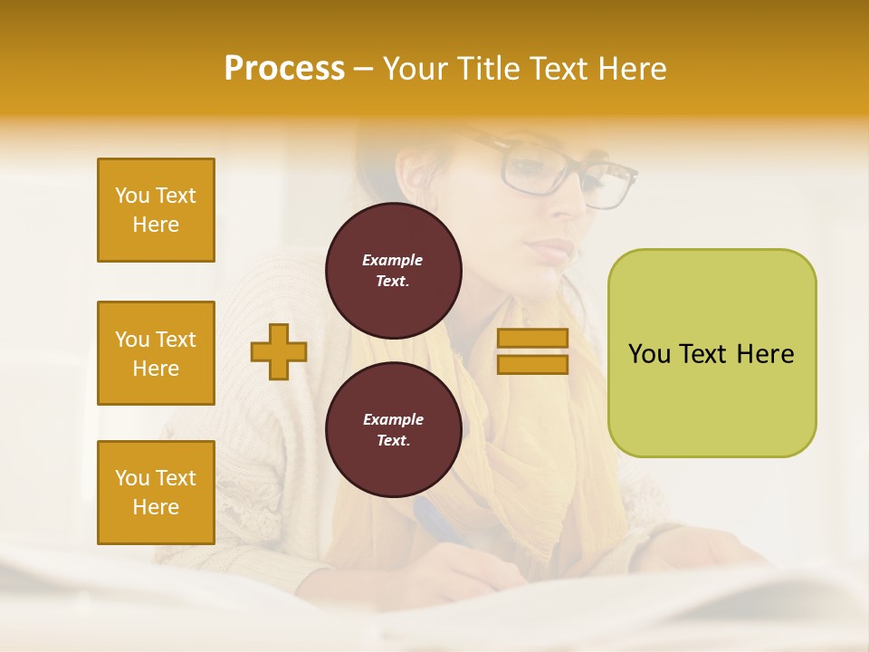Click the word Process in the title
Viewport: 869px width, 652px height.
tap(284, 68)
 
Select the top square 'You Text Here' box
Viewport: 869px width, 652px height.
tap(156, 210)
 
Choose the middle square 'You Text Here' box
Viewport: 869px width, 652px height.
tap(156, 353)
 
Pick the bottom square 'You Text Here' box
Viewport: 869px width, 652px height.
tap(156, 493)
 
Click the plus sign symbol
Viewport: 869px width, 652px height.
tap(279, 352)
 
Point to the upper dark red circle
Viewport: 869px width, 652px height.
tap(393, 271)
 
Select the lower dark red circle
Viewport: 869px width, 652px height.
tap(393, 429)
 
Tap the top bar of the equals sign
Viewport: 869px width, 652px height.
tap(532, 339)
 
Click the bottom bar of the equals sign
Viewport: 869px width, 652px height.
tap(532, 364)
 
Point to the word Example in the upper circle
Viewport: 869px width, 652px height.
tap(393, 260)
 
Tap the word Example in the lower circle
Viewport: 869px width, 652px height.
tap(393, 419)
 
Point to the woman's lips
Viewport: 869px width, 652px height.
tap(554, 248)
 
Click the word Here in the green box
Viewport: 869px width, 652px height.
tap(765, 354)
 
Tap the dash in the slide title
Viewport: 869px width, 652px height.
tap(364, 69)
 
